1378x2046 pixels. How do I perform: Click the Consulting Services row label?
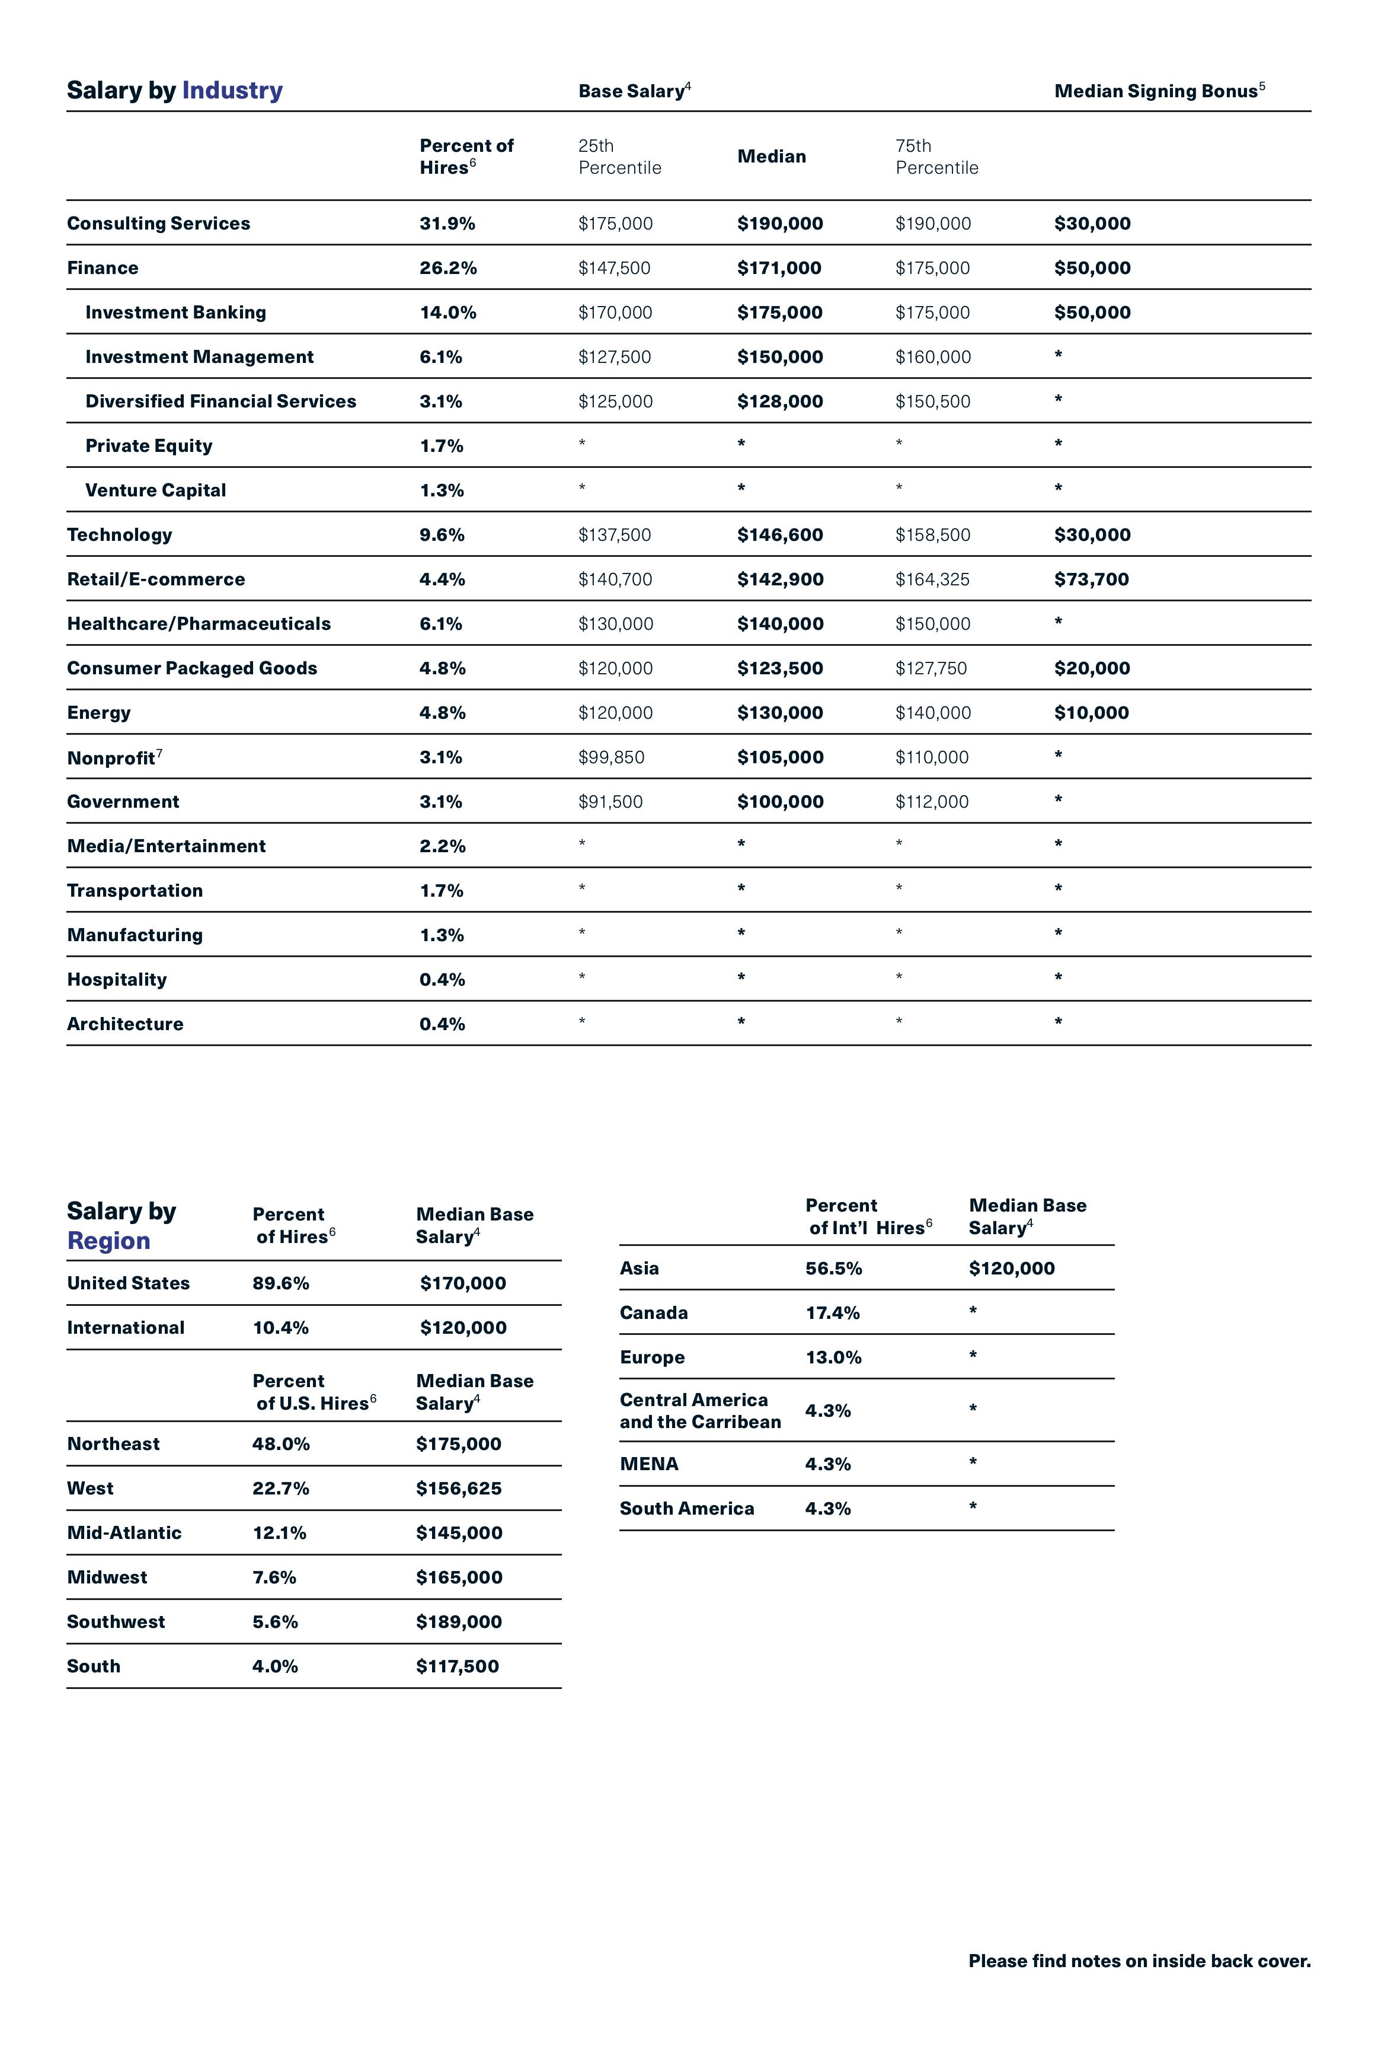(158, 224)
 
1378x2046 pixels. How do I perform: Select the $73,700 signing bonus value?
(1092, 579)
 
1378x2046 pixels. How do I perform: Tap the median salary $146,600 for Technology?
(779, 534)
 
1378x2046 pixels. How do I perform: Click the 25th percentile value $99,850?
(611, 757)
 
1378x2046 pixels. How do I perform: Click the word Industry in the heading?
(232, 91)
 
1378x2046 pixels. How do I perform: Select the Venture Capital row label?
(155, 490)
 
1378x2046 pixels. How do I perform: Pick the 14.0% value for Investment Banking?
(447, 312)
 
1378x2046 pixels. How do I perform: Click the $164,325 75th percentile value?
(932, 579)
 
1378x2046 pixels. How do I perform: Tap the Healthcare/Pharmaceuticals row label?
(199, 623)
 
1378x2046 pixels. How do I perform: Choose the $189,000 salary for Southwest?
(459, 1621)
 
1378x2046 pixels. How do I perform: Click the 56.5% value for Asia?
(833, 1268)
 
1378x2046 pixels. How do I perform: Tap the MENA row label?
(648, 1464)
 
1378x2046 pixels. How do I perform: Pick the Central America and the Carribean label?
(699, 1410)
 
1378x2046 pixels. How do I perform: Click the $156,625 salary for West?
(459, 1488)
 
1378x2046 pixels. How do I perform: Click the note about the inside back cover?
(1139, 1961)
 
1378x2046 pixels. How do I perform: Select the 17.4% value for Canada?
(832, 1313)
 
